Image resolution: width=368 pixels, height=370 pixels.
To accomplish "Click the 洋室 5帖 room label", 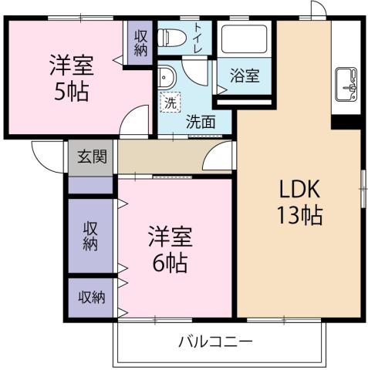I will (69, 77).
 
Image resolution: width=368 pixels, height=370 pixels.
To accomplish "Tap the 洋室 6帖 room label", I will (169, 249).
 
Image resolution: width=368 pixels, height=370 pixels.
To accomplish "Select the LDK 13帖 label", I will (299, 203).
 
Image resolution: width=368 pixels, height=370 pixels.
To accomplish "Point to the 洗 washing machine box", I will (169, 101).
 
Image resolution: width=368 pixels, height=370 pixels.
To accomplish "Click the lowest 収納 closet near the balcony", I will (90, 297).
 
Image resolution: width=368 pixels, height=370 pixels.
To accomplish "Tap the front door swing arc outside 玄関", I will (44, 154).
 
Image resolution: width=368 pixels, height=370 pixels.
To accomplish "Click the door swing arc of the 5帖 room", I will (137, 122).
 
